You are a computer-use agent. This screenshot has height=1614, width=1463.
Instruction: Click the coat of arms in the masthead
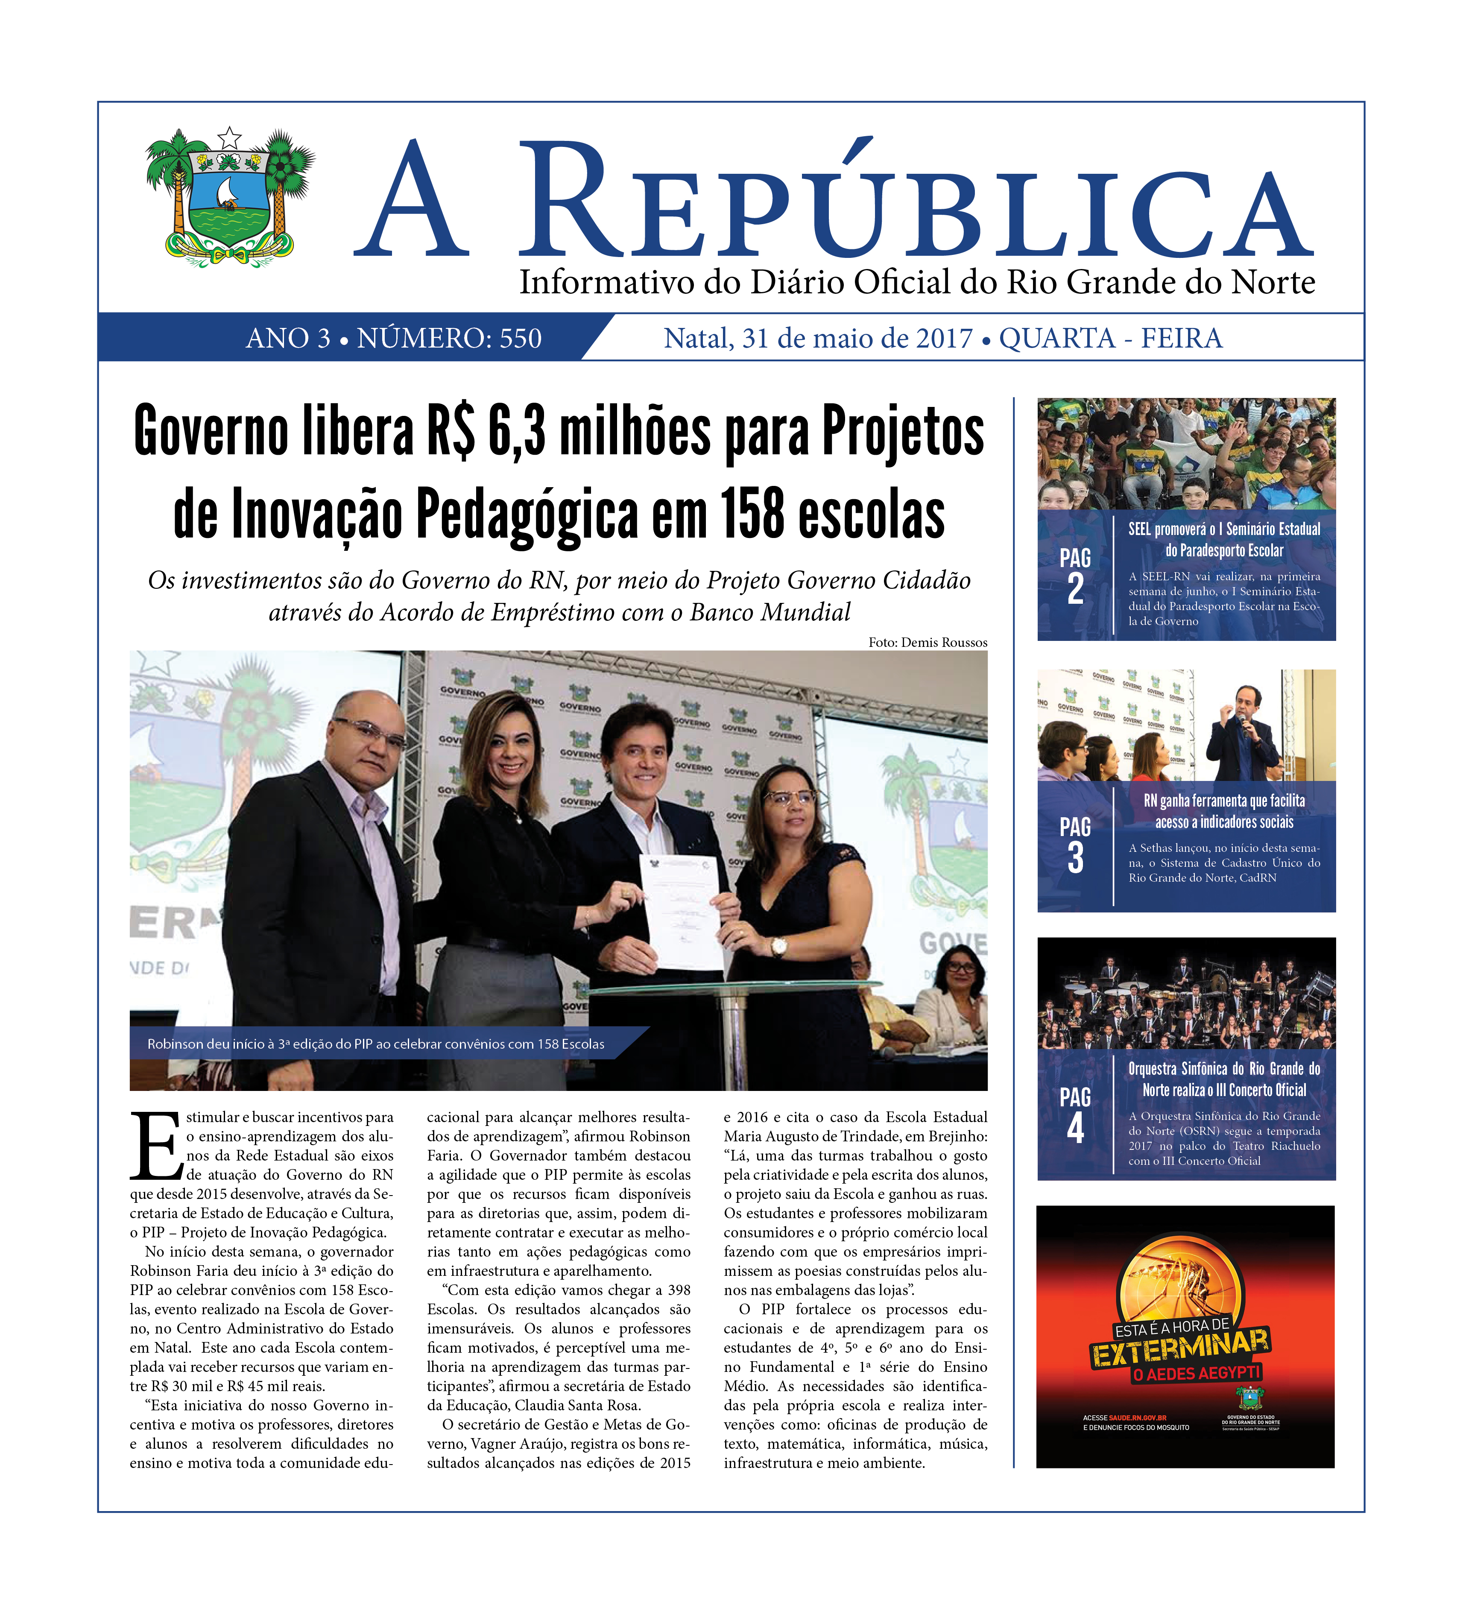[230, 196]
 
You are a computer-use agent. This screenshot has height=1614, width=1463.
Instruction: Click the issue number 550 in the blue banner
[521, 339]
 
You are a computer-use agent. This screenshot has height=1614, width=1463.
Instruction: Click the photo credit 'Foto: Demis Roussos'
[927, 642]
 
